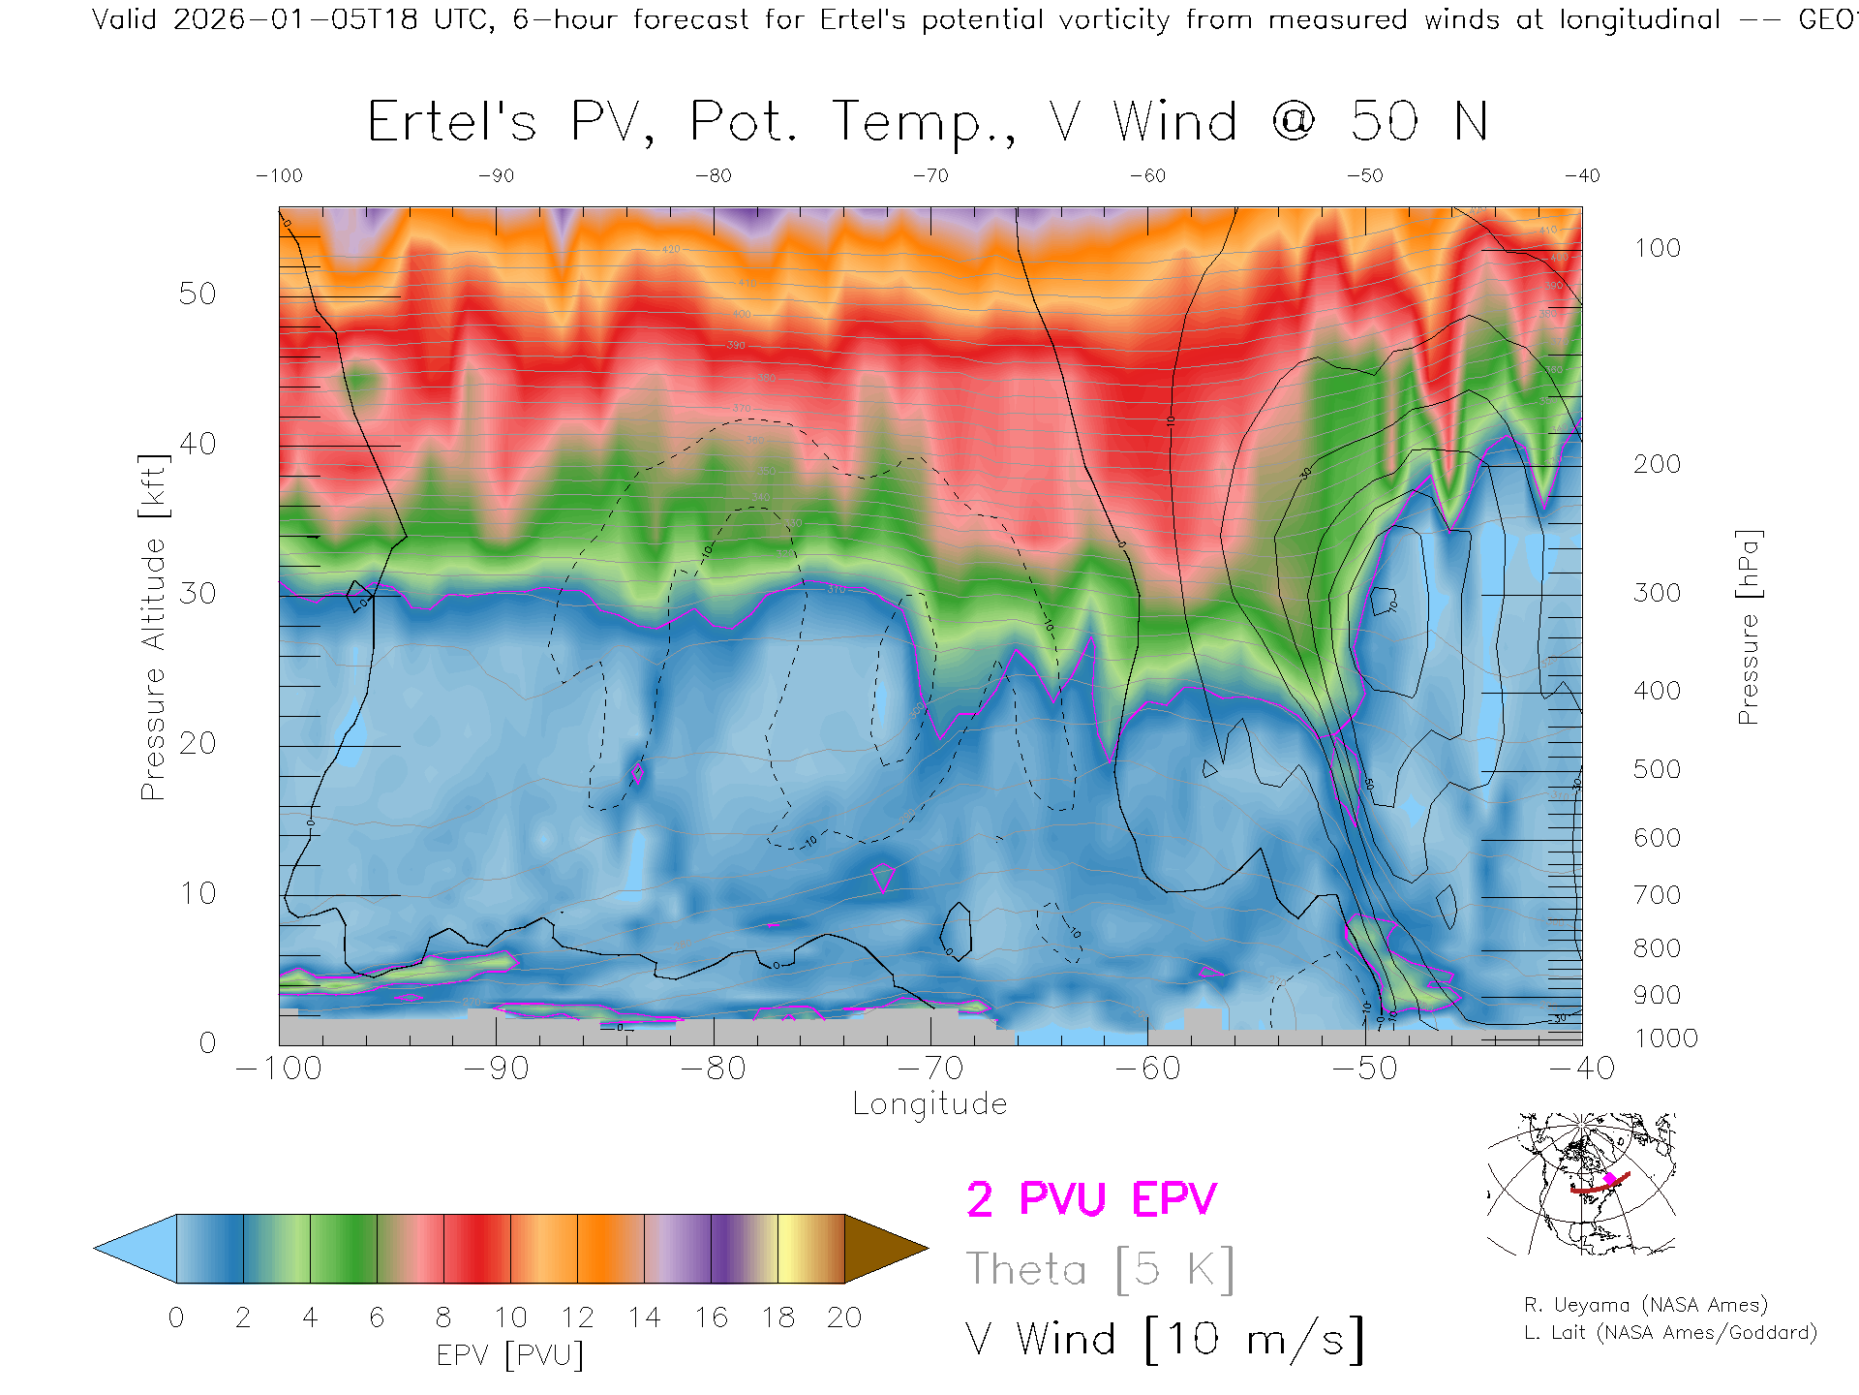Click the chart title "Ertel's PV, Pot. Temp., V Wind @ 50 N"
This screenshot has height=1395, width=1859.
pos(928,123)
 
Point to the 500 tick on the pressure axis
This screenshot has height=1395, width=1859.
pos(1657,769)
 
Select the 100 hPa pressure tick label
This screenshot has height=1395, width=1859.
pos(1657,248)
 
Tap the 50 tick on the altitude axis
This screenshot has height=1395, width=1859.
pos(198,294)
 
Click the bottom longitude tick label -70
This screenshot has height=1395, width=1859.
pos(930,1069)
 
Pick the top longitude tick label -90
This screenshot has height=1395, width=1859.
pos(496,176)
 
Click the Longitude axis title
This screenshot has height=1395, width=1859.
pos(929,1104)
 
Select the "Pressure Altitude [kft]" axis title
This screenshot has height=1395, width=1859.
pos(153,627)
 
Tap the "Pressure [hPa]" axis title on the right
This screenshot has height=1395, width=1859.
pos(1748,627)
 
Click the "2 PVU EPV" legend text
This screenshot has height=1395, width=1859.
pos(1091,1199)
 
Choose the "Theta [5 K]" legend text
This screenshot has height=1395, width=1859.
pos(1100,1269)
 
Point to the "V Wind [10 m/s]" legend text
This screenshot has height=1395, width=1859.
pos(1165,1339)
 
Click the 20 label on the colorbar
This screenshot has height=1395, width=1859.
pos(844,1317)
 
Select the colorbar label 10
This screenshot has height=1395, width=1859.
pos(510,1317)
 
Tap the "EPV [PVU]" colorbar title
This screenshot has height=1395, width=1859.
pos(510,1355)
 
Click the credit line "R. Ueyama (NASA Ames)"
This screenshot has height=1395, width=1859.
pos(1645,1305)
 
